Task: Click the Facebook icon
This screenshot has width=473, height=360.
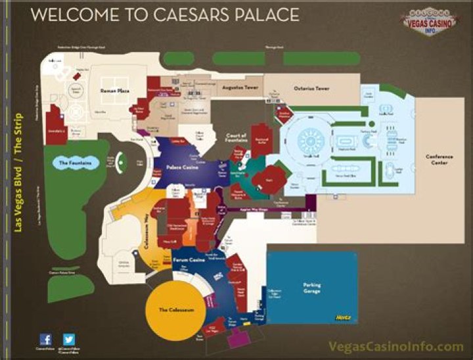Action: (x=46, y=340)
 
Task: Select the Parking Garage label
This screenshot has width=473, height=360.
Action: (x=311, y=287)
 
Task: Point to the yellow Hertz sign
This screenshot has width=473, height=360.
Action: (x=343, y=318)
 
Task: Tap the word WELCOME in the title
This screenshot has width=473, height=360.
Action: (x=70, y=14)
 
